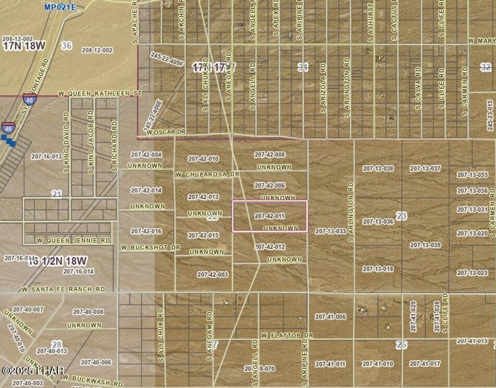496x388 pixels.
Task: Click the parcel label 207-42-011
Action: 269,216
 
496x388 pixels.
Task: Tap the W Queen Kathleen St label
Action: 100,93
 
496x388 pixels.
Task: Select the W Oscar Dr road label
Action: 166,133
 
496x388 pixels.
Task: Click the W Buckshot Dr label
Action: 150,246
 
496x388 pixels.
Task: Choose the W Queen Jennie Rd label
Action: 74,241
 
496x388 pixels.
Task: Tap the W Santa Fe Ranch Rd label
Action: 63,289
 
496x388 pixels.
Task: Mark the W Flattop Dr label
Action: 287,335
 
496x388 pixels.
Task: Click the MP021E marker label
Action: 59,7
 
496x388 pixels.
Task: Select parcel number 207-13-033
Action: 330,231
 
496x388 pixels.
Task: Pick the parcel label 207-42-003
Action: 212,274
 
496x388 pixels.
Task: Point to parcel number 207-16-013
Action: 46,156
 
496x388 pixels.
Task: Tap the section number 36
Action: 66,46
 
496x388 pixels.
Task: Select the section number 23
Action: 401,216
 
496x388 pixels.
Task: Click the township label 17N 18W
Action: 23,46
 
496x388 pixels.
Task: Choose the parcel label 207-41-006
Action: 330,317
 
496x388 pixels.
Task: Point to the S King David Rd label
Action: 66,146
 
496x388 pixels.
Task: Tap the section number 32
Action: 486,67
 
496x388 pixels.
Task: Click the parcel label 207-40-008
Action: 88,312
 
